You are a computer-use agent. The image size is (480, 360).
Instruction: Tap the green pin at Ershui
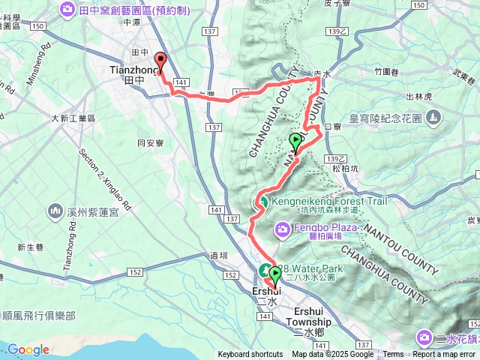click(x=275, y=276)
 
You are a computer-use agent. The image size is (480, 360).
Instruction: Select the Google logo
click(x=28, y=349)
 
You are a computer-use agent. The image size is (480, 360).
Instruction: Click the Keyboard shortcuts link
click(x=250, y=355)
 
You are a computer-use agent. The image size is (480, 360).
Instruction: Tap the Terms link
click(x=393, y=355)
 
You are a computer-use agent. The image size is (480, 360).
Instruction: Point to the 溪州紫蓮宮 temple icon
click(x=54, y=211)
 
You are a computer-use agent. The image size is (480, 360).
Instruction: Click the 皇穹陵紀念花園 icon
click(x=433, y=118)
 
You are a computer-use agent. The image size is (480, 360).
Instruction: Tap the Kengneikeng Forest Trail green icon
click(x=263, y=202)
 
